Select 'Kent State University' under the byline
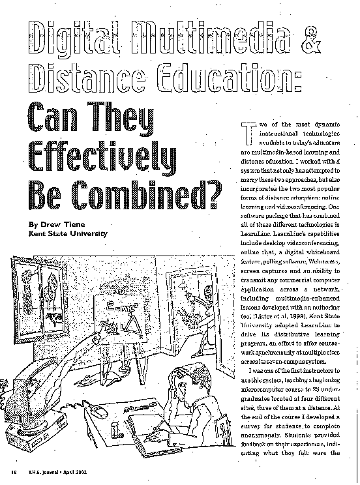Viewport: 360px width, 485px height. pyautogui.click(x=64, y=233)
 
